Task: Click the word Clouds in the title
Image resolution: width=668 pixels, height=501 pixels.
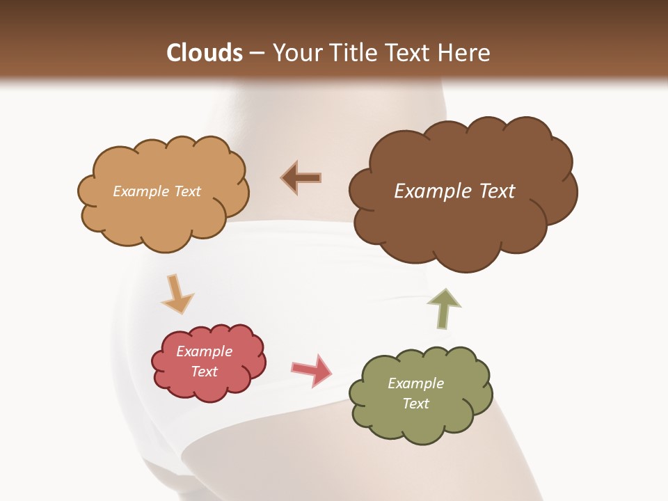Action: tap(205, 53)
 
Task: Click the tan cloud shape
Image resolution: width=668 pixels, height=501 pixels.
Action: tap(164, 216)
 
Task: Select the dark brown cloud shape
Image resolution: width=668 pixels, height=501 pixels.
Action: tap(463, 230)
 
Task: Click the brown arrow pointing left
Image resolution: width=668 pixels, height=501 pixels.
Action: tap(301, 178)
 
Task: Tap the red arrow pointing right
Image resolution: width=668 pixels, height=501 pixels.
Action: tap(312, 369)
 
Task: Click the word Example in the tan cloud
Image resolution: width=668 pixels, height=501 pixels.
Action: tap(139, 191)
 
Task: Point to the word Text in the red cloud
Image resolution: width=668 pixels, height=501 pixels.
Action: tap(205, 372)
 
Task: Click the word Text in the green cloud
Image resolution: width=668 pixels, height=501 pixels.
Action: tap(416, 404)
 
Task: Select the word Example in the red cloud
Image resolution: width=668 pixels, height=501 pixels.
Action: tap(205, 351)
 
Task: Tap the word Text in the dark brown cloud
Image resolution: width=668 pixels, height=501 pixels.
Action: tap(497, 191)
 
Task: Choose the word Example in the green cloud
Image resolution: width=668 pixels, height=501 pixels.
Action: tap(416, 383)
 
